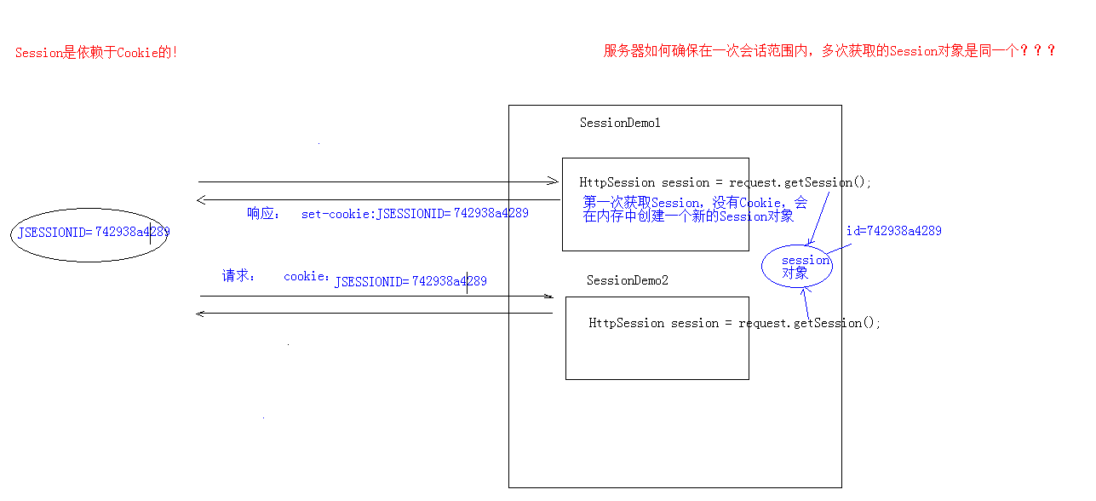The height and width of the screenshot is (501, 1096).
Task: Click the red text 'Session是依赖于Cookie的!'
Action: point(96,53)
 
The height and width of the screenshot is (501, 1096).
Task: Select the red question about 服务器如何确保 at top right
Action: point(829,51)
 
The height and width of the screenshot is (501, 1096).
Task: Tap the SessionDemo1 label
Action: point(620,123)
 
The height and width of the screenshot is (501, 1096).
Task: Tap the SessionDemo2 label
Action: point(628,280)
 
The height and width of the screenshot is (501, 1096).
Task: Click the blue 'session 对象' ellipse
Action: point(797,267)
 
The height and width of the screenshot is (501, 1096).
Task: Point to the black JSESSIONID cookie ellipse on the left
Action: point(89,233)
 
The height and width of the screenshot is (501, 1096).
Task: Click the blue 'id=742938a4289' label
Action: point(893,231)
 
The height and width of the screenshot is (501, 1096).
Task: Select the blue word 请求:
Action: point(238,276)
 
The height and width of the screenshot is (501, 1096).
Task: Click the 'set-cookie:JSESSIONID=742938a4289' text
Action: point(415,214)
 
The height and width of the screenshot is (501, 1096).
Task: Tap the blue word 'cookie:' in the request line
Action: point(307,277)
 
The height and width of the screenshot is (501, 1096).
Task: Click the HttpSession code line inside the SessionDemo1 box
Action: point(726,182)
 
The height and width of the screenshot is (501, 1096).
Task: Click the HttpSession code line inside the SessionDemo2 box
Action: point(734,323)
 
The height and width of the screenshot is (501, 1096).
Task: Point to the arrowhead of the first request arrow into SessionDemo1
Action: point(554,181)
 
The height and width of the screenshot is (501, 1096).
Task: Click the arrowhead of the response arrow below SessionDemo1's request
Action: point(200,200)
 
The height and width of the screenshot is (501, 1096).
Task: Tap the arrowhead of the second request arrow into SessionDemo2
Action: point(549,297)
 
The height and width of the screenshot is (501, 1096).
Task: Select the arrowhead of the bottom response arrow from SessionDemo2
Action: point(200,314)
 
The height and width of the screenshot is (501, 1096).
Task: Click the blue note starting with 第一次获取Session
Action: point(694,210)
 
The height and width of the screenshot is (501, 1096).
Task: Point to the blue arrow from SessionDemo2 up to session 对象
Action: point(806,303)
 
